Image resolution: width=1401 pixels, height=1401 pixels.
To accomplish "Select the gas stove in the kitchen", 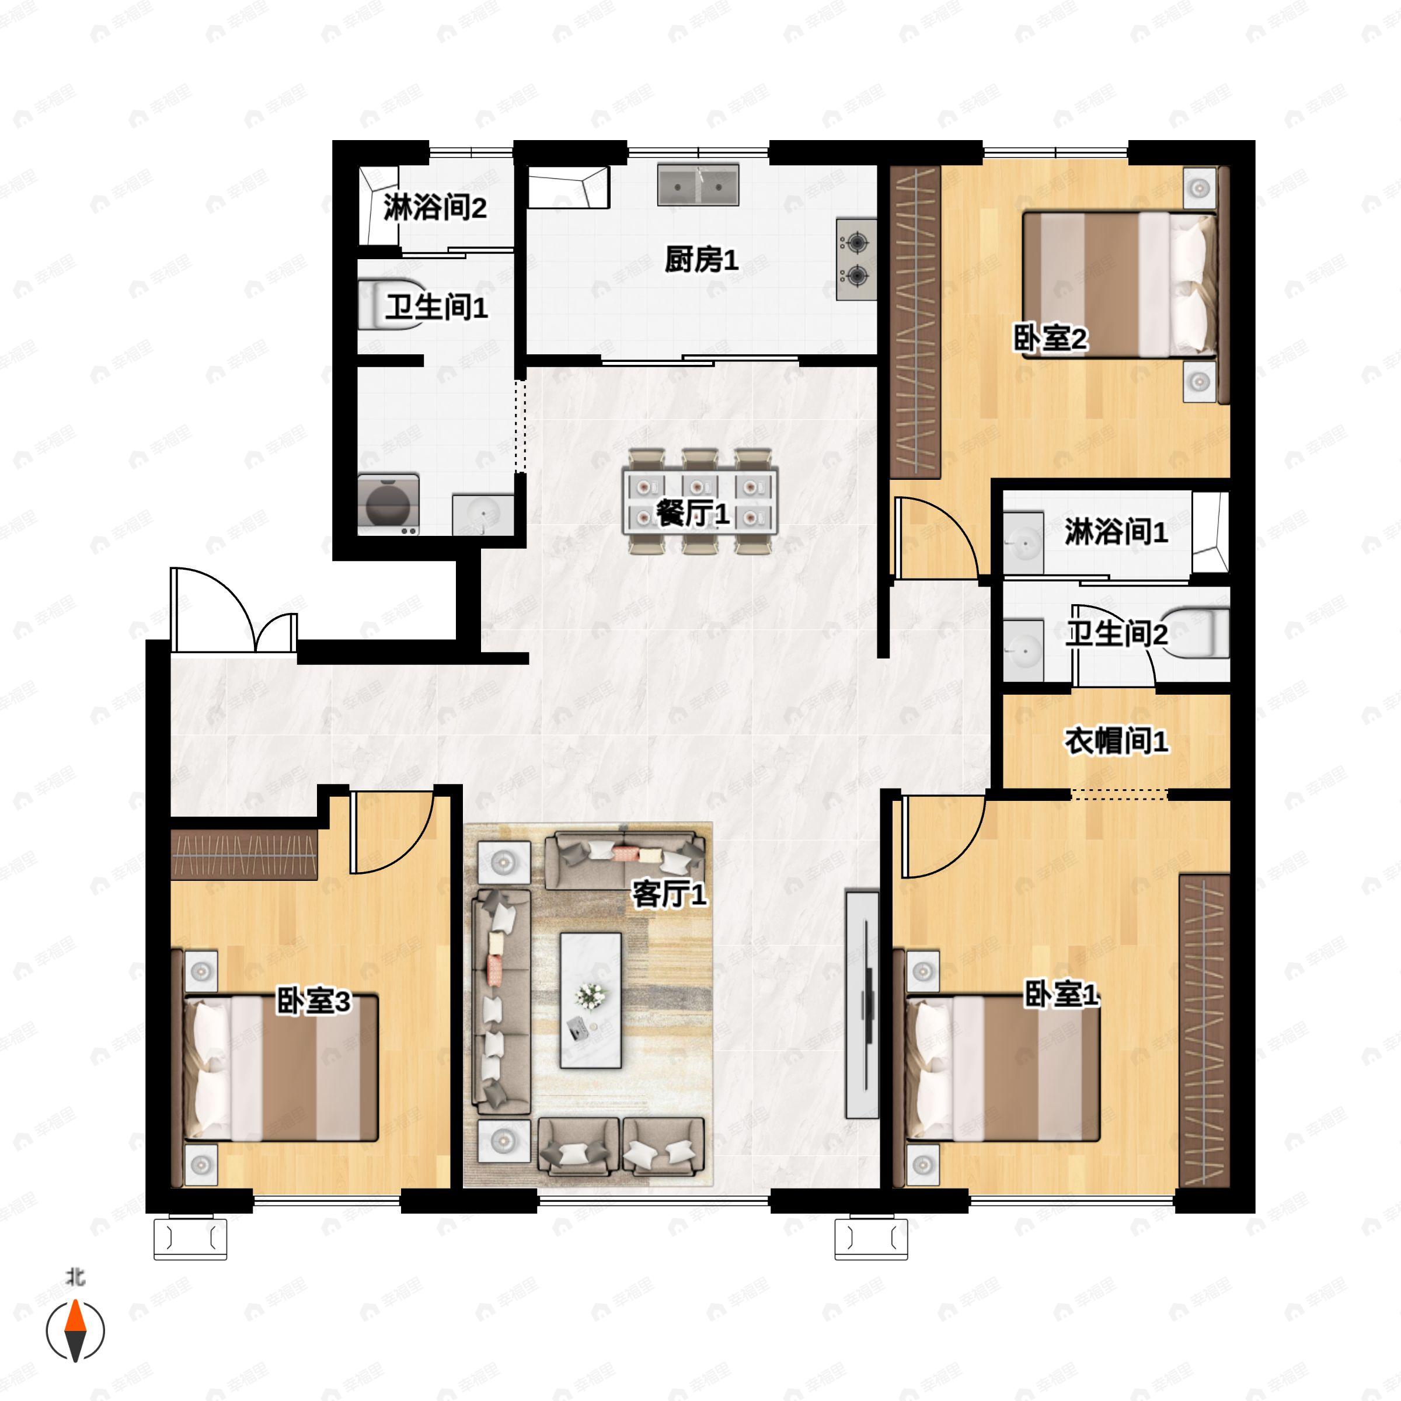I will pos(856,259).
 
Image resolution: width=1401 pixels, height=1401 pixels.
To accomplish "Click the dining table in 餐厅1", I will pos(700,501).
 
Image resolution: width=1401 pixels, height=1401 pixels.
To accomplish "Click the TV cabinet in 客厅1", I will pos(862,1004).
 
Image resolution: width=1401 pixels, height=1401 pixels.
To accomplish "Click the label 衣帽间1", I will pos(1116,741).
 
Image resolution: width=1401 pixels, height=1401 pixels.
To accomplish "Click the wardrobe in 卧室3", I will pos(245,856).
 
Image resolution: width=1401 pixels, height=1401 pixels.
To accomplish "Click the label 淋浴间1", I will pos(1116,532).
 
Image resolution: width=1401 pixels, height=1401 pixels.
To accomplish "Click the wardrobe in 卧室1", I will pos(1204,1030).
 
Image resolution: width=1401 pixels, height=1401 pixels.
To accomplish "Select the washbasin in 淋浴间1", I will pos(1024,539).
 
